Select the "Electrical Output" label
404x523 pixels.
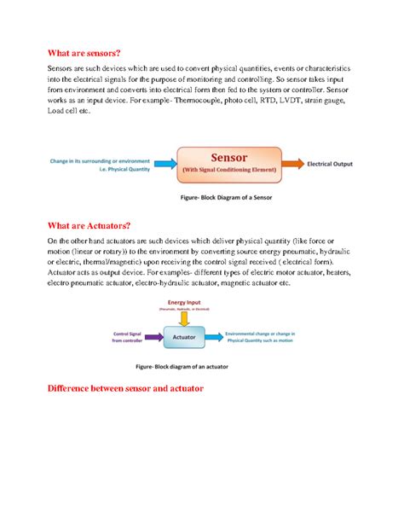click(x=334, y=162)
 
